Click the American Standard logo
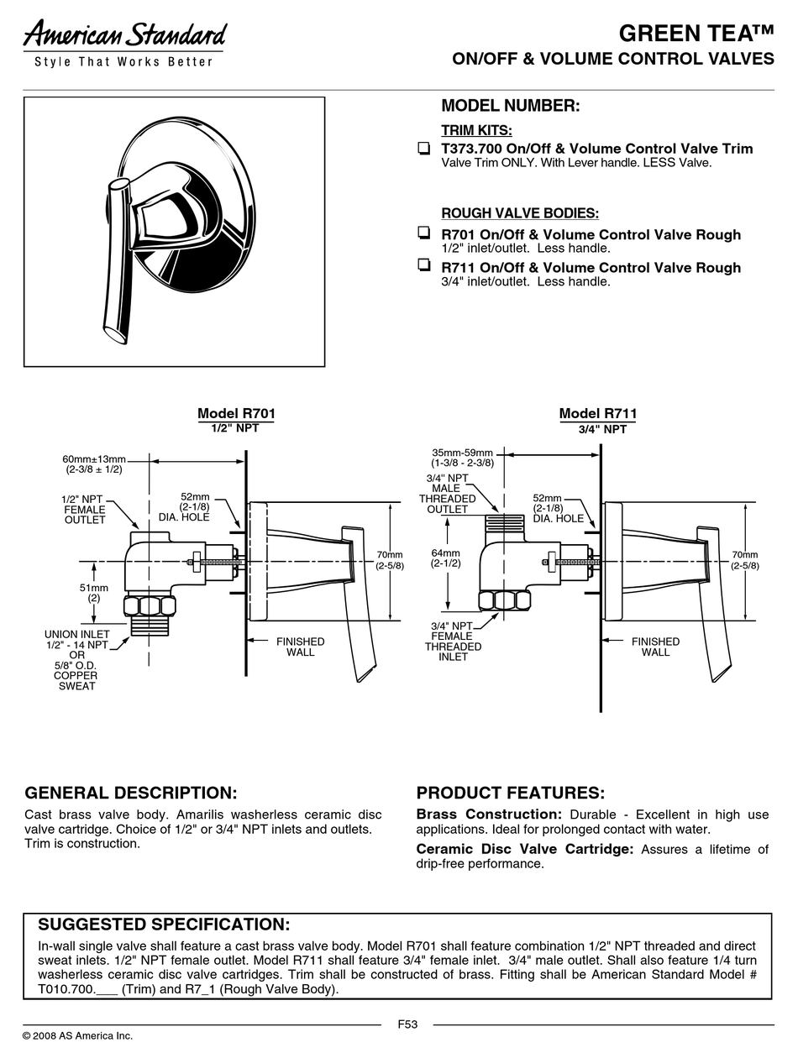point(125,36)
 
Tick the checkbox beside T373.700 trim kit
point(423,149)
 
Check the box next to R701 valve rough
point(423,233)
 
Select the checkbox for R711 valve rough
point(423,265)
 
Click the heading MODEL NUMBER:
point(511,107)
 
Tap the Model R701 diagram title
point(236,413)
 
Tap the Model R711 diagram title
point(598,413)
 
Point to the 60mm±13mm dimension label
point(93,464)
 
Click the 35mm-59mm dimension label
point(462,458)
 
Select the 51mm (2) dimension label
point(94,593)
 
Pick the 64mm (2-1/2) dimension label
point(446,558)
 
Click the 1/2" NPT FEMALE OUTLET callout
point(85,510)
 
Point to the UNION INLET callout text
point(76,660)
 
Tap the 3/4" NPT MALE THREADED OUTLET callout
point(447,494)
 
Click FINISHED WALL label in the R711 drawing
point(655,647)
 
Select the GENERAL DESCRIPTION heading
point(131,793)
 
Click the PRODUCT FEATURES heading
point(511,793)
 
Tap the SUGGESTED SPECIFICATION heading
point(165,924)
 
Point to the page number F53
point(407,1024)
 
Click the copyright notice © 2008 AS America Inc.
point(77,1035)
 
